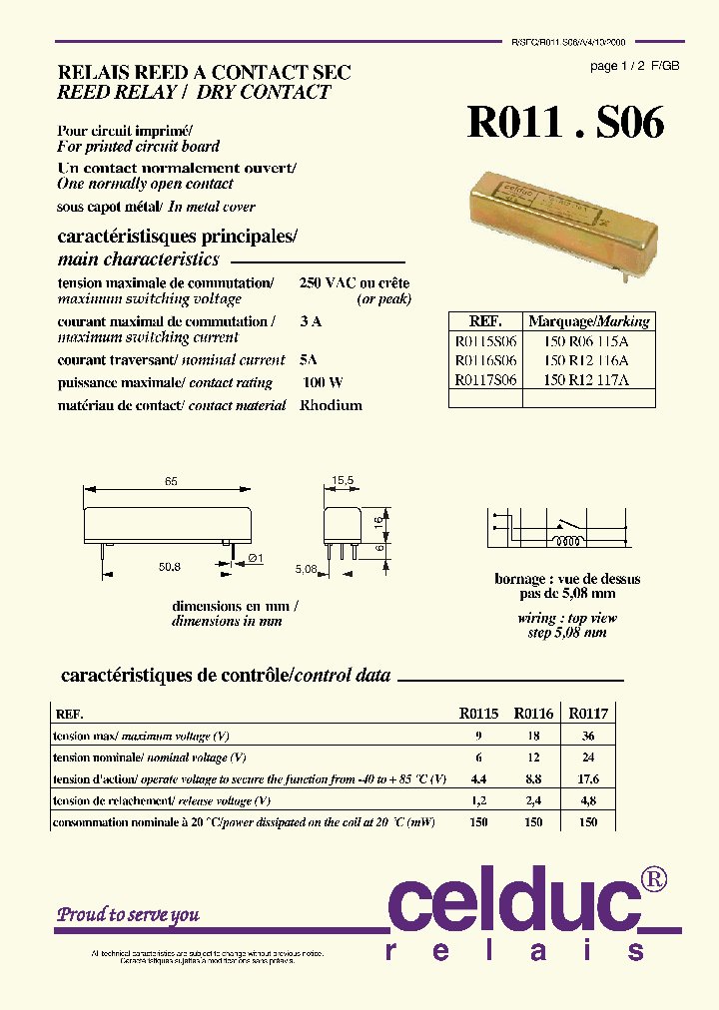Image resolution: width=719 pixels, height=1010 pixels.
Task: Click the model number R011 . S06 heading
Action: point(565,123)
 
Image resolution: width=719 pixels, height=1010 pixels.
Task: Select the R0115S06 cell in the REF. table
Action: point(485,341)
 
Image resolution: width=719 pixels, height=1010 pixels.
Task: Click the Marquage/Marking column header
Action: point(588,321)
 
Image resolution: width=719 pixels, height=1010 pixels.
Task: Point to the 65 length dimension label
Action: point(171,481)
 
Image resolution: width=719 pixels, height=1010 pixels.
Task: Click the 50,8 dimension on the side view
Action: point(170,567)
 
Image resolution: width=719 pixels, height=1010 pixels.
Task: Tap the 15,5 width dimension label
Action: point(343,481)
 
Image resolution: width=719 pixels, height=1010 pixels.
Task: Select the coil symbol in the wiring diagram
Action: point(572,545)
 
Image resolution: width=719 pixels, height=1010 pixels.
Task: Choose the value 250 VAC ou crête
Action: point(355,283)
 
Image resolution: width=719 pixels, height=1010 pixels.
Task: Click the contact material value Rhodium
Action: point(331,405)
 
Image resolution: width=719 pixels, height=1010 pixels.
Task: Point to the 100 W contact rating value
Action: point(323,382)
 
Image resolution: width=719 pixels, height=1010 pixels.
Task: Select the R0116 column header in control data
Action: point(533,714)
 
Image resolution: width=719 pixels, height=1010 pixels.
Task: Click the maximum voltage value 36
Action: point(589,736)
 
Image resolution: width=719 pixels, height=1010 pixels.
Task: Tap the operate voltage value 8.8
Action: point(534,779)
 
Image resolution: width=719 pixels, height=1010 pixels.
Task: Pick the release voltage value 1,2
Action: point(478,801)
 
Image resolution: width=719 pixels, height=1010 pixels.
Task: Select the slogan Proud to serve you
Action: point(128,914)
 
